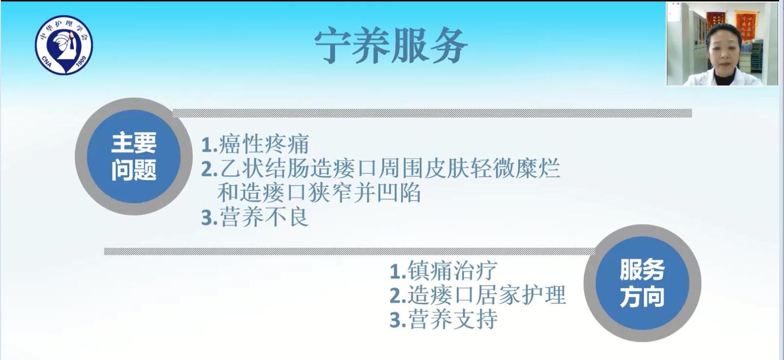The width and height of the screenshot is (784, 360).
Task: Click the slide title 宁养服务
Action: coord(391,46)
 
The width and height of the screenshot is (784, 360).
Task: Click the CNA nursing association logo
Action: coord(64,45)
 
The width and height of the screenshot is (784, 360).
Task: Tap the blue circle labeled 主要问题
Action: coord(134,156)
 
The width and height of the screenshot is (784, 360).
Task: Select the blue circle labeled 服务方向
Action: coord(642,283)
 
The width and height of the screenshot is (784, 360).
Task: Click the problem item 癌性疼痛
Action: coord(264,144)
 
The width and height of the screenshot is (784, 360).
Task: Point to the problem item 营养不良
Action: coord(264,217)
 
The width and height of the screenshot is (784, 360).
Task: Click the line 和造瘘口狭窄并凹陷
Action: coord(319,192)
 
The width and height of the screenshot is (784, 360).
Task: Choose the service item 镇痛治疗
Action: coord(453,270)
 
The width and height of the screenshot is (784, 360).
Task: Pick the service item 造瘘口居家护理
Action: coord(487,294)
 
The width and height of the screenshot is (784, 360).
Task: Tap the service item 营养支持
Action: coord(453,319)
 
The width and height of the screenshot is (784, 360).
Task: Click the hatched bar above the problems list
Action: coord(432,113)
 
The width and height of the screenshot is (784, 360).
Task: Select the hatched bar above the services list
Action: coord(350,251)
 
